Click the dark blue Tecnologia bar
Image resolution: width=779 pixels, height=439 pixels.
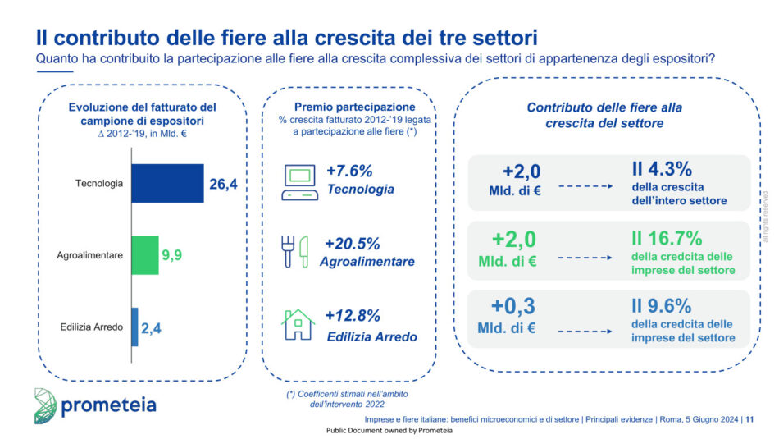click(167, 183)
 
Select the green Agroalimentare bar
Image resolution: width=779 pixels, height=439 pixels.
click(144, 255)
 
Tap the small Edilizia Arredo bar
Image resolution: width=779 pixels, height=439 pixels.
click(134, 327)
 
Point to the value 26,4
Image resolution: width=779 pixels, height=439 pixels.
click(223, 184)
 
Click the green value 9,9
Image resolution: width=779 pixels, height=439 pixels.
click(171, 255)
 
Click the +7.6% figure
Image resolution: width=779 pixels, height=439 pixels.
click(349, 171)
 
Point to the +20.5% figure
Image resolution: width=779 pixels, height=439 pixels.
click(353, 244)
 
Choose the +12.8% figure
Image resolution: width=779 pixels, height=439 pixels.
click(353, 316)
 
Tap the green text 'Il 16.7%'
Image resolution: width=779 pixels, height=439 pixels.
click(666, 239)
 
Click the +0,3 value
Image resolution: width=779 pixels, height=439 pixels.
click(513, 306)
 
